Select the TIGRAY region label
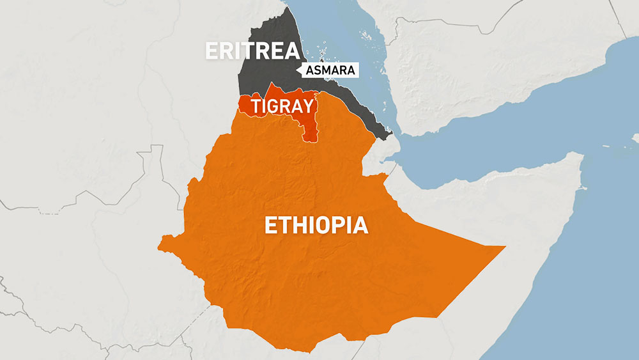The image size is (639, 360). [283, 107]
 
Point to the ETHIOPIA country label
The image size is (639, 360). [316, 226]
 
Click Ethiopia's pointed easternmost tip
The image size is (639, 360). [505, 246]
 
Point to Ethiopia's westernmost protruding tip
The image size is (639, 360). [160, 241]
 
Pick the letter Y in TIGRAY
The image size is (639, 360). [309, 107]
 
